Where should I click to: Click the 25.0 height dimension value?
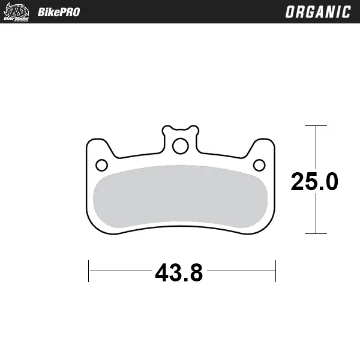(x=314, y=181)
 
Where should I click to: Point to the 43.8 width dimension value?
(x=179, y=273)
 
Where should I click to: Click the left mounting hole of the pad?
(x=102, y=165)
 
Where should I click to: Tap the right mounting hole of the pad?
(x=259, y=165)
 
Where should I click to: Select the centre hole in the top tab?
(x=180, y=145)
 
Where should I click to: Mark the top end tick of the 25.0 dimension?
(x=316, y=126)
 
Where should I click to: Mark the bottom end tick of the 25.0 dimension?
(x=316, y=233)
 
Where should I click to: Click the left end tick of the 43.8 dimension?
(x=89, y=271)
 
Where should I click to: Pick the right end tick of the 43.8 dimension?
(x=275, y=271)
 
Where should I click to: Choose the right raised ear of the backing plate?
(x=262, y=146)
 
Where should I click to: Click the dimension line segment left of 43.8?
(x=120, y=271)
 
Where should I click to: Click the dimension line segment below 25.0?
(x=316, y=213)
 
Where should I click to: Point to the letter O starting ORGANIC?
(x=289, y=12)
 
